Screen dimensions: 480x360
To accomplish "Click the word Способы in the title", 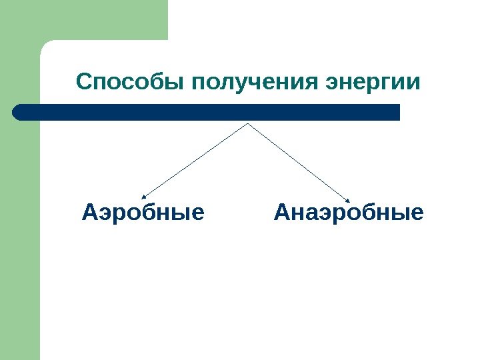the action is point(131,83).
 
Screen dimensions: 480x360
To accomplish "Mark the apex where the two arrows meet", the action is point(248,123).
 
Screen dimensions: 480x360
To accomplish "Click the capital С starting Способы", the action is point(84,83).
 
